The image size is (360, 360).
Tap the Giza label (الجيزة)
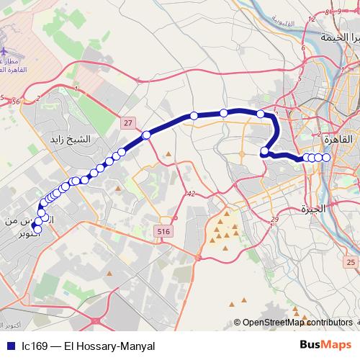click(314, 209)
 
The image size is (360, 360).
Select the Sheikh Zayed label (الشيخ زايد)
click(68, 138)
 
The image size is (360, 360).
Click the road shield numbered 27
click(127, 123)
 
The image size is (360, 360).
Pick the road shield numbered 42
click(190, 194)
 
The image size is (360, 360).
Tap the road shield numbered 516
click(163, 230)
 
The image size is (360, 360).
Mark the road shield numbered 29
click(274, 219)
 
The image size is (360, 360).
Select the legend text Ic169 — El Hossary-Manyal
click(88, 346)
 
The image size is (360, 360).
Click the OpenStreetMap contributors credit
click(296, 323)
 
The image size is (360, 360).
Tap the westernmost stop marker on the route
click(38, 230)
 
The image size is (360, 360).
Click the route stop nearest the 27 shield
click(146, 135)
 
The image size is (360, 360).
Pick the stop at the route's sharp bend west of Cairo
click(265, 151)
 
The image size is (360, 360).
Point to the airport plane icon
click(6, 53)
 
